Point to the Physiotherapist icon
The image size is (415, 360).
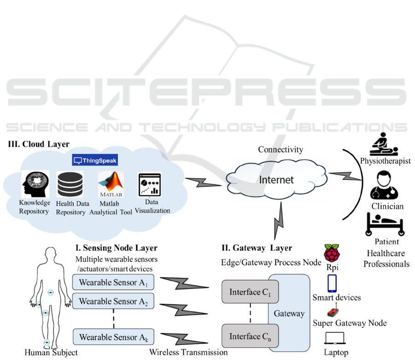click(x=386, y=145)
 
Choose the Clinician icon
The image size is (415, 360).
click(x=386, y=184)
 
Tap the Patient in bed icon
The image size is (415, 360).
click(x=386, y=223)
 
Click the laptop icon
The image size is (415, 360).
click(x=334, y=340)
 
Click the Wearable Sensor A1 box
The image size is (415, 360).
click(x=113, y=282)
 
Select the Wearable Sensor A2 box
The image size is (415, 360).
click(x=113, y=301)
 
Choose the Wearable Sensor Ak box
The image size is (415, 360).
click(x=113, y=337)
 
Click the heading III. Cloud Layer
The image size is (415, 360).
click(x=39, y=144)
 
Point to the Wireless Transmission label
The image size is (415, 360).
click(x=188, y=353)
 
